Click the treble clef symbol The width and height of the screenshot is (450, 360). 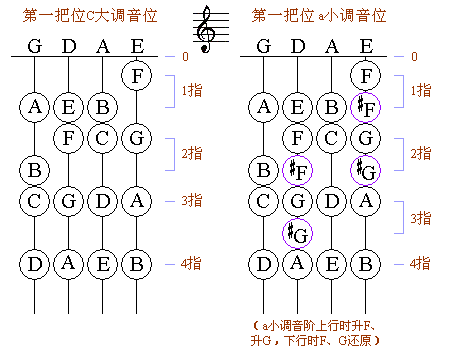[x=207, y=28]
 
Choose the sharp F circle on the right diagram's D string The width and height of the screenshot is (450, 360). [x=297, y=170]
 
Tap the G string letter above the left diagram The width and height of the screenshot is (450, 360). [x=34, y=45]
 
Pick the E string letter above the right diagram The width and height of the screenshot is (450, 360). [x=365, y=45]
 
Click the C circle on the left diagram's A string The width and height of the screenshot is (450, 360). [x=101, y=137]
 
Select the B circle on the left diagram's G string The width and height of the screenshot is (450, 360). [x=35, y=170]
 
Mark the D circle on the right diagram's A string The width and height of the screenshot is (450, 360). [x=331, y=202]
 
